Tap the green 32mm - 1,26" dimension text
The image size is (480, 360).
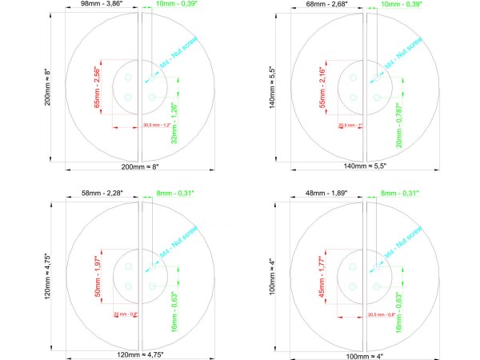click(x=174, y=123)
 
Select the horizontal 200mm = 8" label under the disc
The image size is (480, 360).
click(x=140, y=166)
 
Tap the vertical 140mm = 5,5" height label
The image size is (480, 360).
click(x=276, y=83)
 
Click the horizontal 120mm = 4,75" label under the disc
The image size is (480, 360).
click(x=140, y=354)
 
